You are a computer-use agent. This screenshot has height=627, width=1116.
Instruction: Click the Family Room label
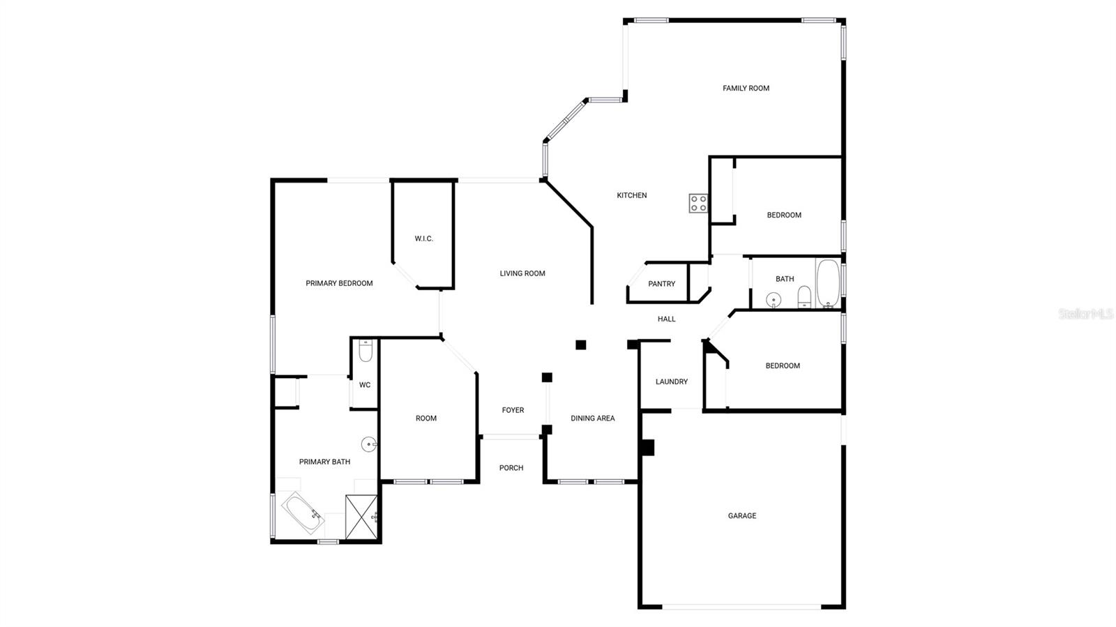click(x=746, y=89)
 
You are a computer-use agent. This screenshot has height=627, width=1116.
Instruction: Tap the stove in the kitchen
click(x=698, y=204)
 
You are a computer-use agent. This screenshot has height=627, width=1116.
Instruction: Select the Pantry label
click(x=661, y=284)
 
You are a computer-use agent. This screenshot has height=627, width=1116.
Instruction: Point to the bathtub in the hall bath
click(x=828, y=283)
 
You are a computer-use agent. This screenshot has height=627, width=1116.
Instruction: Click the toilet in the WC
click(x=365, y=350)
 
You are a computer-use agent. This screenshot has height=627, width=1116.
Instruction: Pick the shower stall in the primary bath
click(x=361, y=518)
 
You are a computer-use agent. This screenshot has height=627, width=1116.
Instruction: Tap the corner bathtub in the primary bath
click(x=303, y=513)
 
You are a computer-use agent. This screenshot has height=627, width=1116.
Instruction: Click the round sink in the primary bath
click(x=368, y=444)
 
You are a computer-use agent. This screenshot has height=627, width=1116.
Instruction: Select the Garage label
click(x=741, y=516)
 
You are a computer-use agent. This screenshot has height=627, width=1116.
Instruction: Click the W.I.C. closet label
click(x=424, y=239)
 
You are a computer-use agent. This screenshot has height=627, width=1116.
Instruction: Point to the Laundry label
click(x=671, y=382)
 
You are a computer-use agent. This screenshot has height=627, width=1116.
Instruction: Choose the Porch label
click(x=511, y=468)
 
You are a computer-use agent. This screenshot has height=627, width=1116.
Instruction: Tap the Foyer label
click(x=513, y=411)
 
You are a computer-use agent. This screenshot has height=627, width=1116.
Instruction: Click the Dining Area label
click(x=593, y=418)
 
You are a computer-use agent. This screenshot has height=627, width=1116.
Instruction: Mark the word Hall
click(x=666, y=319)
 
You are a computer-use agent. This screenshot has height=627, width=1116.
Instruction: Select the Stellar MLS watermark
click(x=1085, y=314)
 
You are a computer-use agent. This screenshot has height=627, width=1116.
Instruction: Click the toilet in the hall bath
click(x=804, y=296)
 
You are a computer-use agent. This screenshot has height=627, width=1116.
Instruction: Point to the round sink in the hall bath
click(x=773, y=301)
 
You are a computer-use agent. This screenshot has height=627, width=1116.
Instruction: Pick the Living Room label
click(x=522, y=273)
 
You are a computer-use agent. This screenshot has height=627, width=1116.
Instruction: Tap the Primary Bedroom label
click(x=339, y=284)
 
